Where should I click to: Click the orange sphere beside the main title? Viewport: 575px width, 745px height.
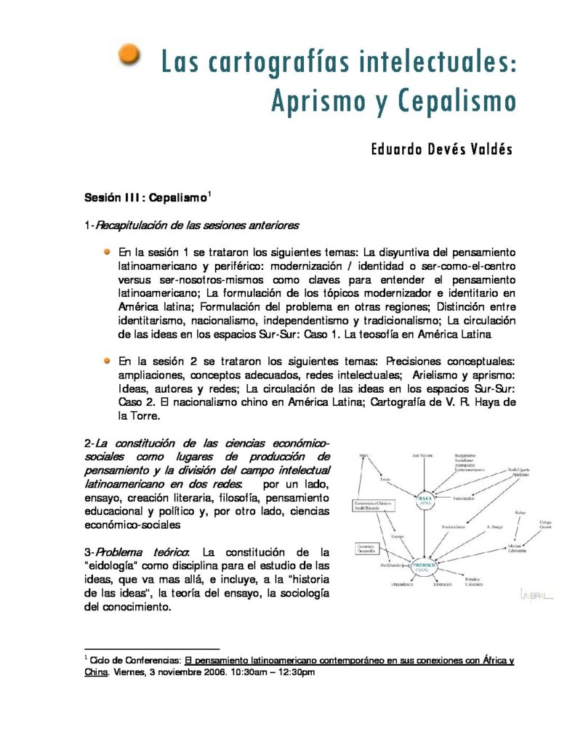tap(129, 55)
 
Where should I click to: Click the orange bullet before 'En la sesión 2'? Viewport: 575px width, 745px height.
tap(106, 359)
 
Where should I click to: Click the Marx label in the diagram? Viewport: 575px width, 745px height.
tap(363, 456)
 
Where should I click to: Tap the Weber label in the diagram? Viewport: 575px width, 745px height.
tap(519, 512)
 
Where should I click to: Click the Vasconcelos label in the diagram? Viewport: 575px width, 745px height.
tap(465, 499)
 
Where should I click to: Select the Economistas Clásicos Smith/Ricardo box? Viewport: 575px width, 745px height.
tap(373, 506)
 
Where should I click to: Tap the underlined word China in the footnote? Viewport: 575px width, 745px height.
tap(97, 673)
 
